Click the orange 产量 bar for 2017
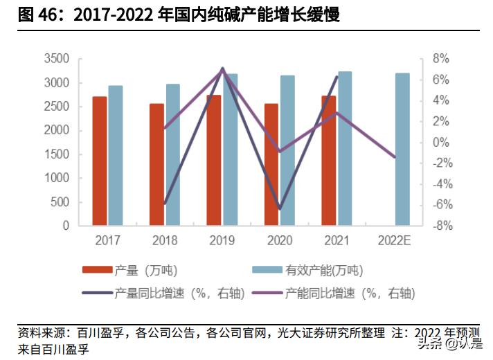click(x=100, y=161)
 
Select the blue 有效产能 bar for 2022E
click(x=402, y=149)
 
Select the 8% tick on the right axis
click(x=441, y=59)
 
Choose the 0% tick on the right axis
click(x=441, y=142)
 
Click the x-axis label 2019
click(x=222, y=240)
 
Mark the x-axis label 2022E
click(x=395, y=240)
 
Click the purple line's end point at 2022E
click(x=395, y=157)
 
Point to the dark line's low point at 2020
click(x=280, y=208)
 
